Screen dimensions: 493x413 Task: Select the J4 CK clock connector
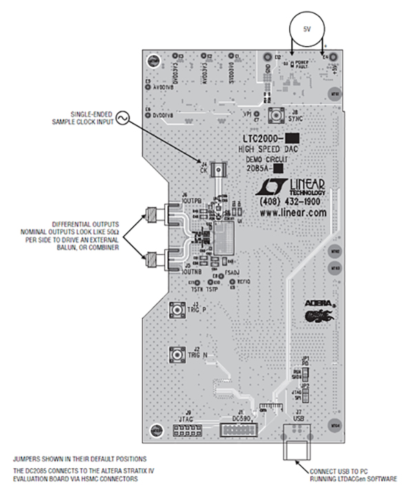[219, 168]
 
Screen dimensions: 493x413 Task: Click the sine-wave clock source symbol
[125, 118]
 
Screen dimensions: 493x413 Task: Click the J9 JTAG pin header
[187, 430]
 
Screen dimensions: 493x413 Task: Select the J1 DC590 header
[235, 430]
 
